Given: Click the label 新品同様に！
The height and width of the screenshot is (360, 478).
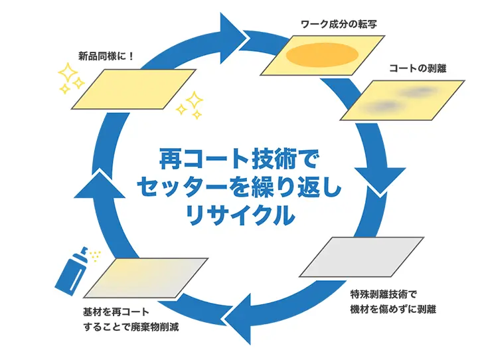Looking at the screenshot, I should [103, 56].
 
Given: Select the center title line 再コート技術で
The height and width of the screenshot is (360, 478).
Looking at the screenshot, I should [238, 160].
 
